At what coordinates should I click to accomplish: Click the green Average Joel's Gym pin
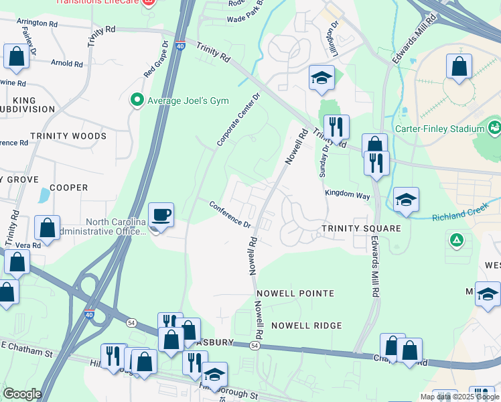pyautogui.click(x=137, y=100)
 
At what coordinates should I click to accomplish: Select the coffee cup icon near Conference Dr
pyautogui.click(x=161, y=216)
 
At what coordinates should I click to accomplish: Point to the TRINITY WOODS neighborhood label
pyautogui.click(x=68, y=136)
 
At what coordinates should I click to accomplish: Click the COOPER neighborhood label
pyautogui.click(x=69, y=188)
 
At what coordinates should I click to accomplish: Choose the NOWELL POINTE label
pyautogui.click(x=294, y=293)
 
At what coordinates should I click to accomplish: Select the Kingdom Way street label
pyautogui.click(x=347, y=194)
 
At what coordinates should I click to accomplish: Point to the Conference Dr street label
pyautogui.click(x=229, y=214)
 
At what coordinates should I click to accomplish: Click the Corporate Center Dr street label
pyautogui.click(x=237, y=120)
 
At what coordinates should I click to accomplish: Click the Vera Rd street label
pyautogui.click(x=27, y=245)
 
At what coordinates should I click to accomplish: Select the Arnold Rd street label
pyautogui.click(x=66, y=64)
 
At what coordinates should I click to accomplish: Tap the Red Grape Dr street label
pyautogui.click(x=155, y=58)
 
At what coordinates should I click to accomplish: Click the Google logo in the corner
pyautogui.click(x=22, y=393)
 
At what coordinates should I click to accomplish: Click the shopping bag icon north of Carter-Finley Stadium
pyautogui.click(x=459, y=67)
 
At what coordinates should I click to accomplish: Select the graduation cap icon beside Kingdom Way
pyautogui.click(x=406, y=199)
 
